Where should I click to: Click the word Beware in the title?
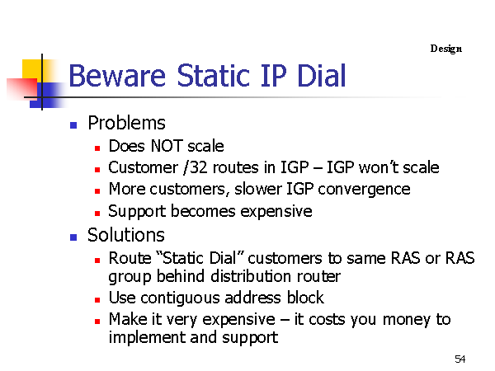117,76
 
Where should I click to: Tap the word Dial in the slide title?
322,75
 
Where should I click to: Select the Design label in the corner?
446,49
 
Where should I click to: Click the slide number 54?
460,359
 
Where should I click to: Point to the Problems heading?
126,123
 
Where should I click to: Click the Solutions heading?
126,235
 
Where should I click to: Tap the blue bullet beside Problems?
73,125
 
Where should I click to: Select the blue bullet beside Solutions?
73,237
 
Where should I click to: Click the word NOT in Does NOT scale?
167,146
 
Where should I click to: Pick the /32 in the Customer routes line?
195,167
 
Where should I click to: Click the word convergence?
364,190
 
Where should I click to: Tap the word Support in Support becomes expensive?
137,211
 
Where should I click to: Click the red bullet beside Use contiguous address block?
97,300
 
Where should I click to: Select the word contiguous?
180,298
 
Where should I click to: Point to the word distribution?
251,276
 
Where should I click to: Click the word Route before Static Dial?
130,258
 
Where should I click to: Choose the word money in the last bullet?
406,320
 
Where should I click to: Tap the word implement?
146,338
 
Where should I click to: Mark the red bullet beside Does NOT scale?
97,148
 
